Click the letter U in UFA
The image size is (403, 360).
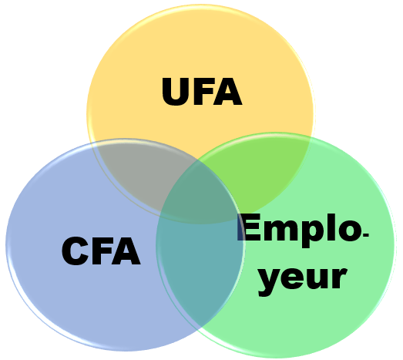[x=176, y=92]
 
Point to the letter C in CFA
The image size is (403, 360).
[x=76, y=251]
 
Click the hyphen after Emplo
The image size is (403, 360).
[x=366, y=234]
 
